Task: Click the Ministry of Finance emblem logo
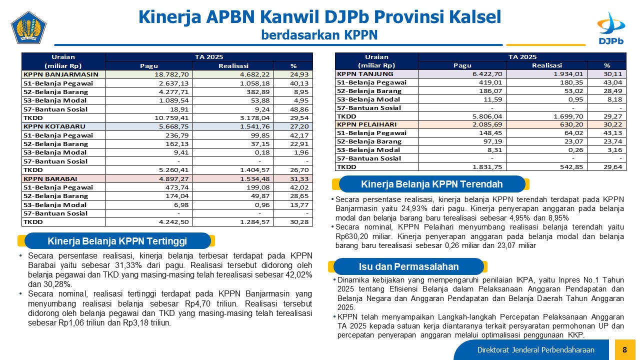[28, 27]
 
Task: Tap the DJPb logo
[611, 28]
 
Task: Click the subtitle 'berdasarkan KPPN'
[319, 35]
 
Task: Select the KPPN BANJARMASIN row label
[61, 74]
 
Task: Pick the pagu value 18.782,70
[171, 74]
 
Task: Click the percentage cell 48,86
[299, 109]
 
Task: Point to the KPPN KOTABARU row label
[54, 126]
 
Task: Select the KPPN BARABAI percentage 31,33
[299, 179]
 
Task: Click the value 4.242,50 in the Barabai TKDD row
[173, 222]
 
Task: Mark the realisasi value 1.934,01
[568, 74]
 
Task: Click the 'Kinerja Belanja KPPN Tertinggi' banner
[117, 241]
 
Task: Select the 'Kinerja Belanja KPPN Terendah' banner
[431, 184]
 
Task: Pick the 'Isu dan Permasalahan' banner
[408, 266]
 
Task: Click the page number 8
[625, 349]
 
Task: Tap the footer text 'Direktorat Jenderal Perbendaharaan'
[535, 350]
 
